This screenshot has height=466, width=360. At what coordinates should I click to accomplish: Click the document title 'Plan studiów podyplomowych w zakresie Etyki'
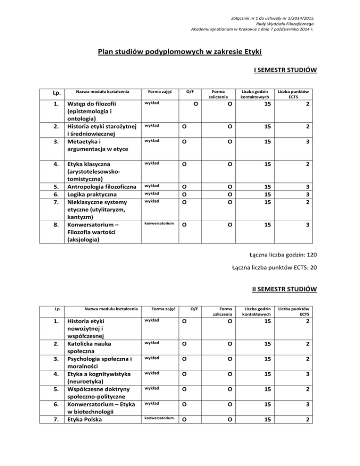179,51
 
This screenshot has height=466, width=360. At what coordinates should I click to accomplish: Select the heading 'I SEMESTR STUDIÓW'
285,70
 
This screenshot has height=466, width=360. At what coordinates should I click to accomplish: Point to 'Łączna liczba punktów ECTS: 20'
275,268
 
